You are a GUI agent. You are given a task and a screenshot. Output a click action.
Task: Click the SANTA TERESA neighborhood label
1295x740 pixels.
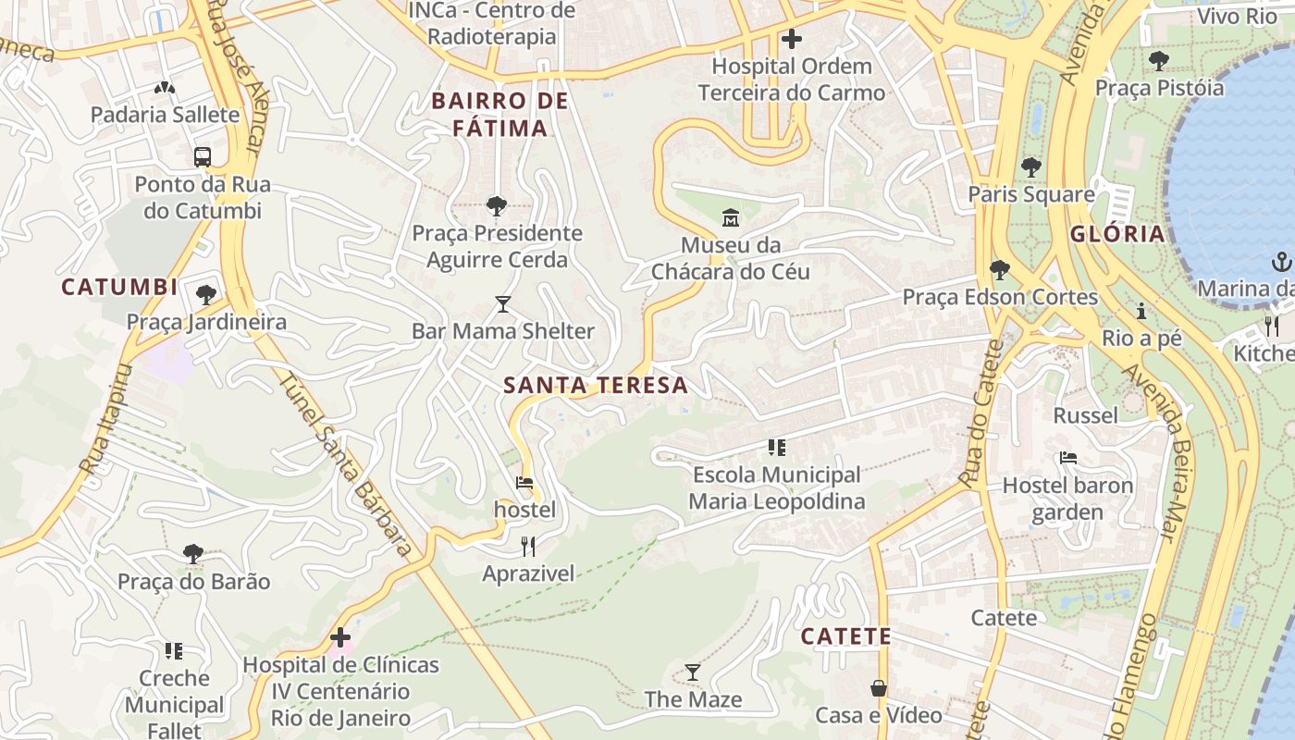[x=596, y=386]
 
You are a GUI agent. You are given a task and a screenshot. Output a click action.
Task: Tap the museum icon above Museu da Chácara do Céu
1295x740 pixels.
[x=731, y=218]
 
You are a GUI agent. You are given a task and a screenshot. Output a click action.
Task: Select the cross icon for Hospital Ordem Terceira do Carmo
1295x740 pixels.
[x=792, y=40]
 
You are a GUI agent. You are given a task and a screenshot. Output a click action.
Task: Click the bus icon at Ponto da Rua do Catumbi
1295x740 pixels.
[x=203, y=157]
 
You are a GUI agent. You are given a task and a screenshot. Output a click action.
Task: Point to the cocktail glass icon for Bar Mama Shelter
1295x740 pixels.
[x=502, y=304]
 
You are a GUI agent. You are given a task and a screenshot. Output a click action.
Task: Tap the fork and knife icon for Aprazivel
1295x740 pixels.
[x=528, y=547]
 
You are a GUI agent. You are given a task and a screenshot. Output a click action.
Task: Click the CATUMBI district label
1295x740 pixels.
[x=119, y=288]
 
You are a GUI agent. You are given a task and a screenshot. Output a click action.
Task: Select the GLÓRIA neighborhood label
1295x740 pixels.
[x=1117, y=234]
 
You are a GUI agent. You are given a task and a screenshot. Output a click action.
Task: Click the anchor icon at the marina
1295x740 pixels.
[x=1282, y=262]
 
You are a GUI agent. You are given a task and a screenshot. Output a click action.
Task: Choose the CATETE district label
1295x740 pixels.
[x=845, y=636]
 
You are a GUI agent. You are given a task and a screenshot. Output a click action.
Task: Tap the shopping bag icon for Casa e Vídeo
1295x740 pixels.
[x=878, y=689]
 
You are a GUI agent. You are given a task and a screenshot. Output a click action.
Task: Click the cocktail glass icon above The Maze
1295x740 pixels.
[x=693, y=672]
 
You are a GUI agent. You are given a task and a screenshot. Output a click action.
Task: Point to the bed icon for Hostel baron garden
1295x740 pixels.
[x=1067, y=459]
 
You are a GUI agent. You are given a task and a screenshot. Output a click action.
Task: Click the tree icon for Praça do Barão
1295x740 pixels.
[x=193, y=555]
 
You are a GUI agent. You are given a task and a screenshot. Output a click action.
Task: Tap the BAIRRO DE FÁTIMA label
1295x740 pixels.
[x=499, y=114]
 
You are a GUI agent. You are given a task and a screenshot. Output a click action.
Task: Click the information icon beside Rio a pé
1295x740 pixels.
[x=1141, y=312]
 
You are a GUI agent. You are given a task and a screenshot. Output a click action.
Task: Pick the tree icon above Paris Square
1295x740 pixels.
[x=1030, y=167]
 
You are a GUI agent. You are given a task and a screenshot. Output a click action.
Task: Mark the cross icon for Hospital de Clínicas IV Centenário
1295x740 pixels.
[x=340, y=637]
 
